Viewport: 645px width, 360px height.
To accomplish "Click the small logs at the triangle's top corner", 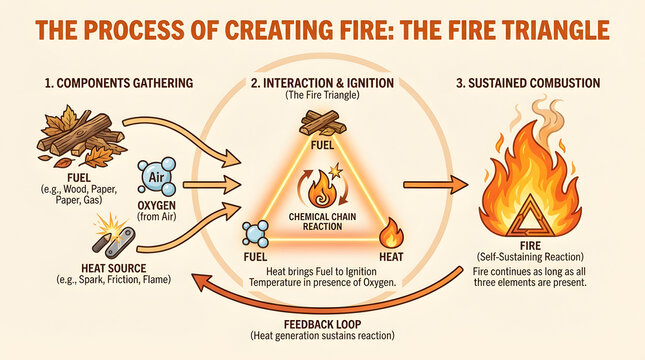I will point(320,122).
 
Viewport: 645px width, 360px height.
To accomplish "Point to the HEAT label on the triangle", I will point(391,256).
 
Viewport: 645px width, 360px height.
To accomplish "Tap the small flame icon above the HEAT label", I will point(392,233).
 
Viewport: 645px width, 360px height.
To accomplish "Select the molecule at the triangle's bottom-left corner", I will point(257,233).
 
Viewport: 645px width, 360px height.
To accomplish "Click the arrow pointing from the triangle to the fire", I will point(436,185).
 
